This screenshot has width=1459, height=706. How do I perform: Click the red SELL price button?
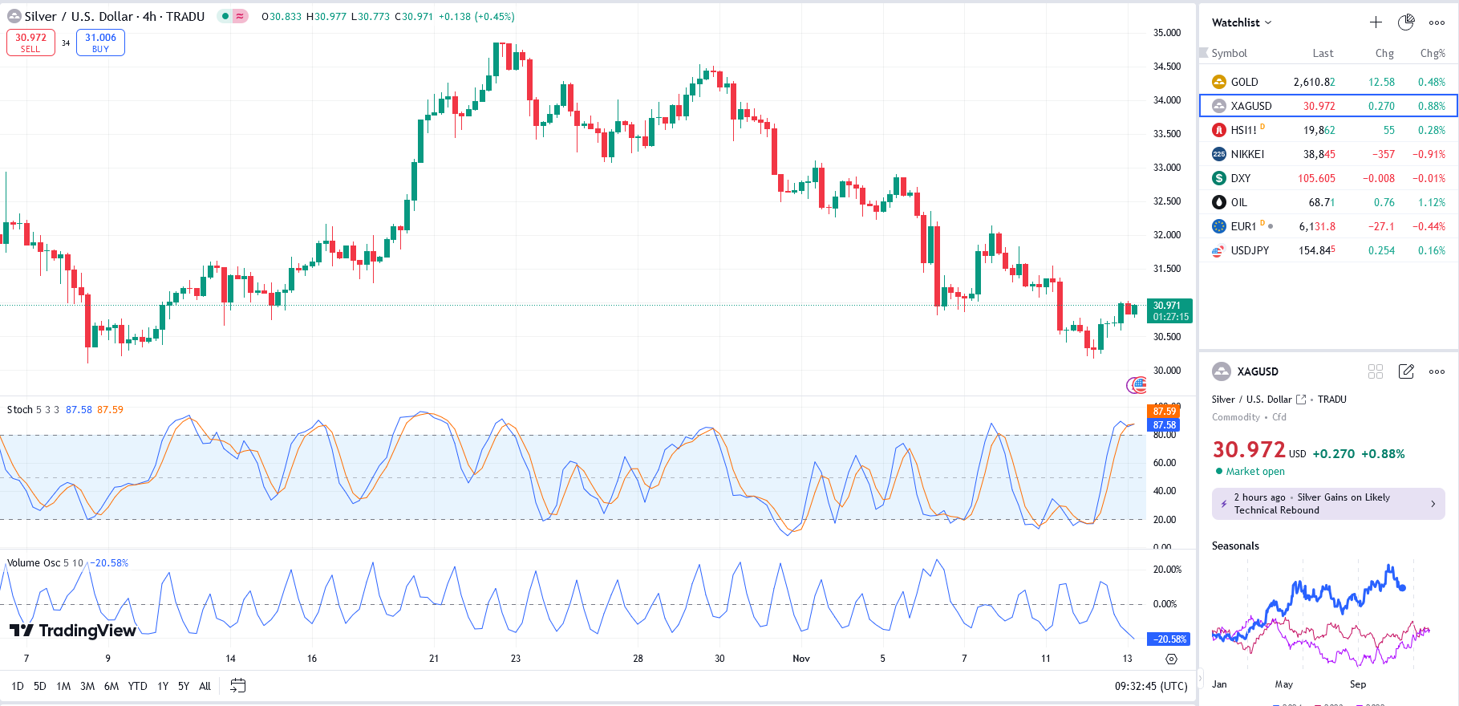(x=30, y=43)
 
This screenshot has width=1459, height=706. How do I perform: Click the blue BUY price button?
(x=100, y=43)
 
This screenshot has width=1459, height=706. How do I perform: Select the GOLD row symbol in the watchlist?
(x=1244, y=82)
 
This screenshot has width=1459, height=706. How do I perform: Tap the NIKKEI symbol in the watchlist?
(x=1247, y=154)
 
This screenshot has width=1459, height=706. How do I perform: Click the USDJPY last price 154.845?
(x=1316, y=250)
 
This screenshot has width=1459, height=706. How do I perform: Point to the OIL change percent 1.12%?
(x=1431, y=202)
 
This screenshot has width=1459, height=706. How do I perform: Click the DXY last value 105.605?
(x=1316, y=178)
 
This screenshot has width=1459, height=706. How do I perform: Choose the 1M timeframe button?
(x=63, y=686)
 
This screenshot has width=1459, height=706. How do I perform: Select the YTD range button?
(x=137, y=686)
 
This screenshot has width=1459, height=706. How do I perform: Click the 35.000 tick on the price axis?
(x=1167, y=33)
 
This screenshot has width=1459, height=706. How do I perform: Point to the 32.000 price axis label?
(x=1167, y=235)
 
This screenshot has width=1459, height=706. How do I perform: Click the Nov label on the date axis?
(x=800, y=659)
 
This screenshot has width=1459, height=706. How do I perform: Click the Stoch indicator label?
(x=20, y=410)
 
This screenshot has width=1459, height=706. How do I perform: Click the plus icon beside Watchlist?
(x=1376, y=22)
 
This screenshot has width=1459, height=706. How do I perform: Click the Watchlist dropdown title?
(x=1241, y=22)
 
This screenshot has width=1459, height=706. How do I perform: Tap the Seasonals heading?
(x=1235, y=546)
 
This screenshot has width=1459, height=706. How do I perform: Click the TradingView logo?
(x=73, y=631)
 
